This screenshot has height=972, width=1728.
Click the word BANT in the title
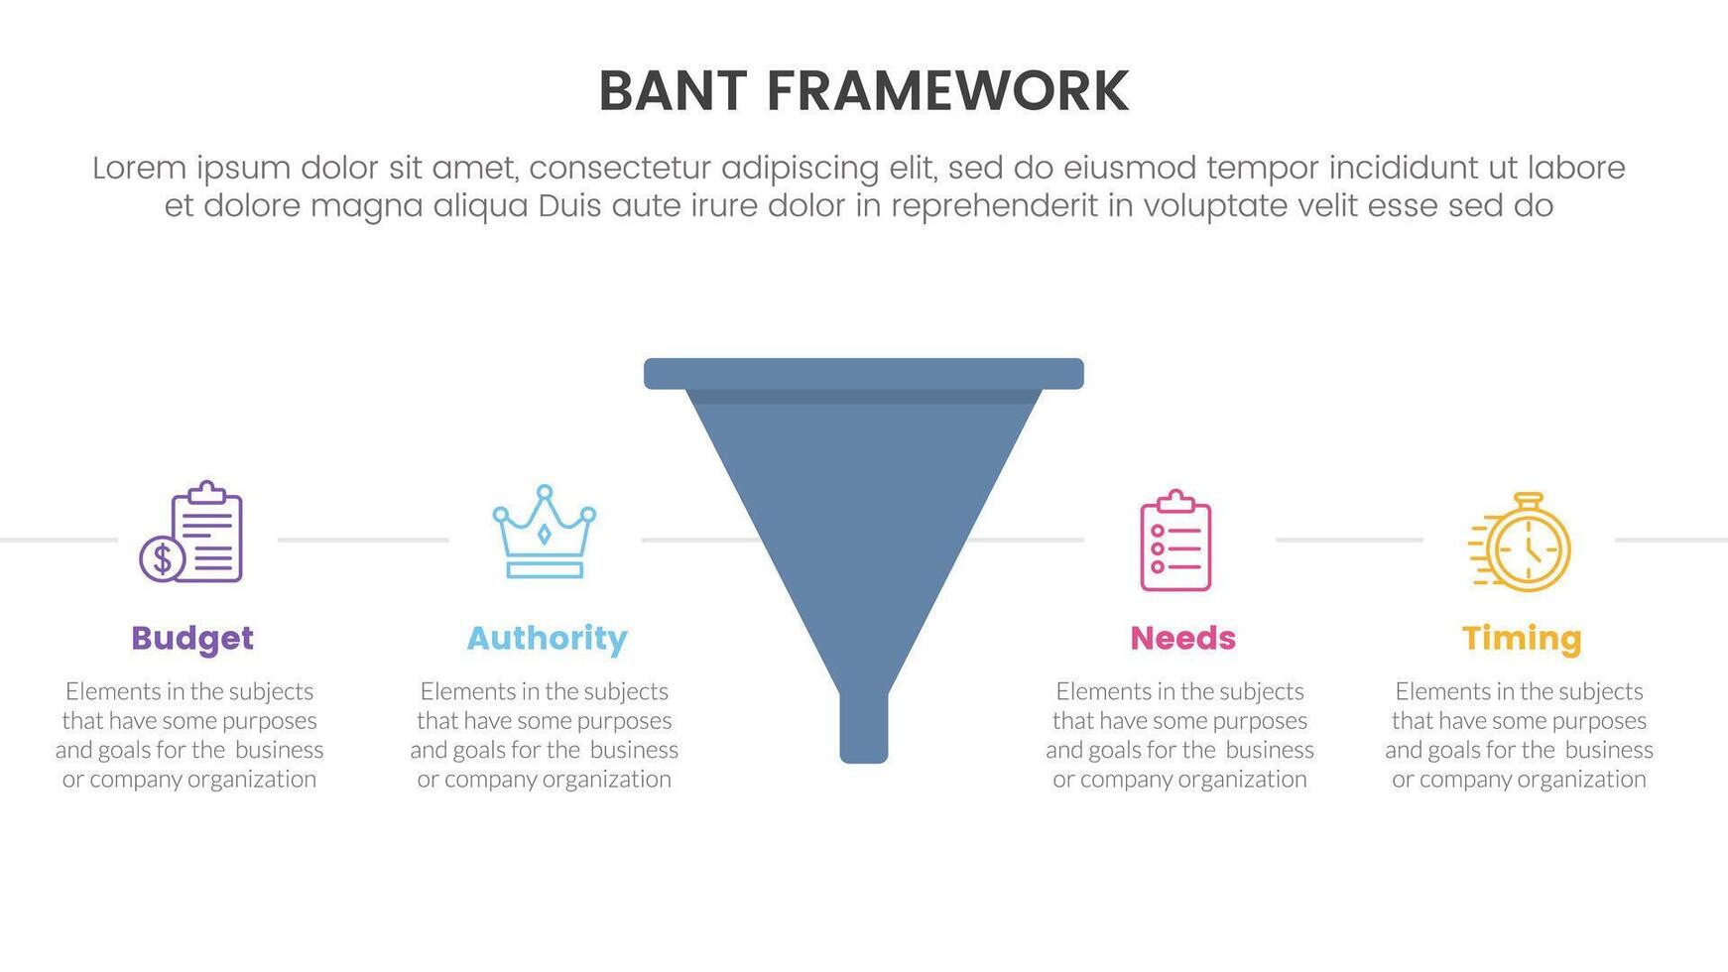[x=673, y=91]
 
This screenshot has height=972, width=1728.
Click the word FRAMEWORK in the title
[x=947, y=91]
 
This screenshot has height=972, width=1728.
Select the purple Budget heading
[x=192, y=639]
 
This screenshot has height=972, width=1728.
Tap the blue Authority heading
[x=547, y=639]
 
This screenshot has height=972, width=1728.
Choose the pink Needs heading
[x=1182, y=638]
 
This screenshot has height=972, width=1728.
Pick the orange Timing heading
[x=1522, y=639]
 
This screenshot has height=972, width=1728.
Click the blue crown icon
[x=545, y=532]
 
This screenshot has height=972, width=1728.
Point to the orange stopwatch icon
[x=1520, y=542]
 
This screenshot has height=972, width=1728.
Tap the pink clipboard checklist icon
[x=1175, y=540]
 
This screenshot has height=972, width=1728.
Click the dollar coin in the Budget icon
[x=162, y=558]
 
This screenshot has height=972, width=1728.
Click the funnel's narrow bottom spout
[x=864, y=727]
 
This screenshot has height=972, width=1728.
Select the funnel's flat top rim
[x=864, y=374]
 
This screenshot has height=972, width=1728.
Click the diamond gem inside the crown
[x=544, y=534]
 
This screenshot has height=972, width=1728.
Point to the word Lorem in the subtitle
[x=139, y=168]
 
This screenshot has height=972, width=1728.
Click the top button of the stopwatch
[x=1529, y=497]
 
